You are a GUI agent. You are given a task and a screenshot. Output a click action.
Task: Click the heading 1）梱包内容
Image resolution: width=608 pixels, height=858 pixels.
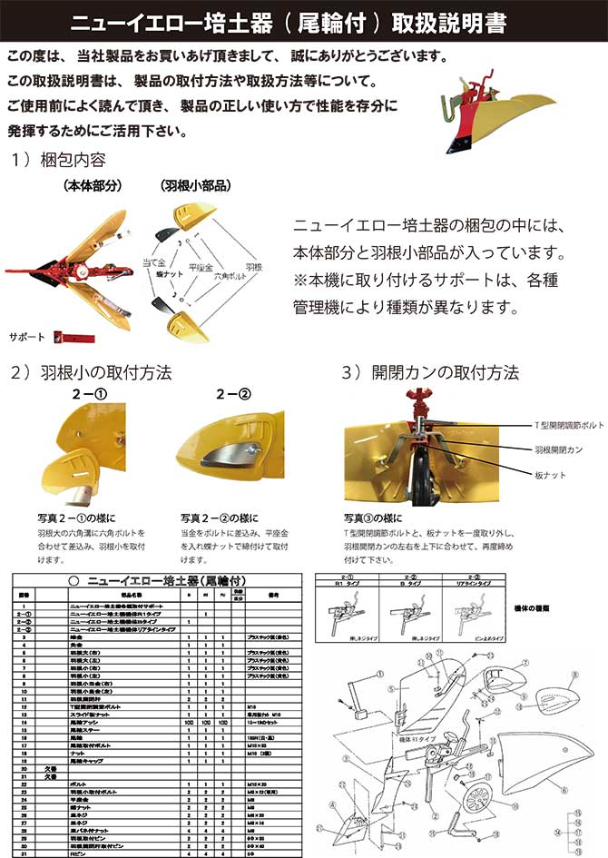tap(59, 161)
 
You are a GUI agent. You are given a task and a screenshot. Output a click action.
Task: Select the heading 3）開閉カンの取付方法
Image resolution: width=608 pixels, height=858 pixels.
tap(430, 373)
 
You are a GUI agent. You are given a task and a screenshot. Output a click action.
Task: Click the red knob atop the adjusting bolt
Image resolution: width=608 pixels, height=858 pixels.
tap(419, 400)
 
